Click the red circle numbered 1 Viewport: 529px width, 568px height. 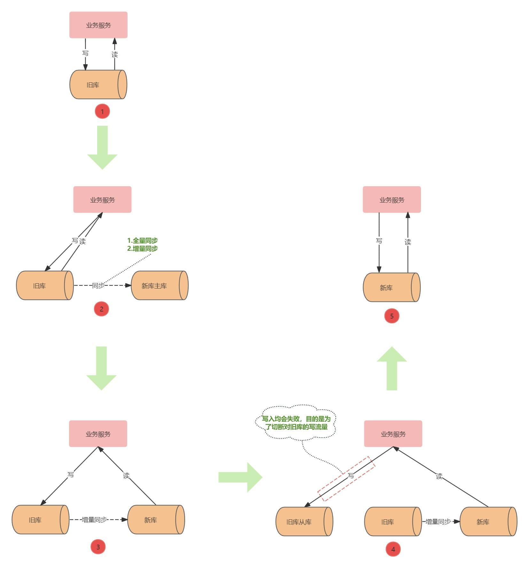pos(102,111)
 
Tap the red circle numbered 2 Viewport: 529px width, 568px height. pos(101,309)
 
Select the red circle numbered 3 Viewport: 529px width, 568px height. pos(98,547)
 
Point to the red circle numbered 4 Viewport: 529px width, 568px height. pos(393,549)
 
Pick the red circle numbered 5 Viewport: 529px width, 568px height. pos(392,316)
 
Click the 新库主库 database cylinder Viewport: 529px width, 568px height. pos(159,286)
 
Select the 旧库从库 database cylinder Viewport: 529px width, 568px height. pos(304,522)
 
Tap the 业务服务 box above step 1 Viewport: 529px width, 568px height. pos(98,25)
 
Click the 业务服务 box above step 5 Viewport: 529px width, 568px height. pos(392,200)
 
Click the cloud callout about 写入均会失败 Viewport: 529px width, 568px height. pos(296,423)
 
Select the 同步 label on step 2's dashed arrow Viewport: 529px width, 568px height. pos(98,286)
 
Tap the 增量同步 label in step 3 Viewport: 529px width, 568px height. pos(94,520)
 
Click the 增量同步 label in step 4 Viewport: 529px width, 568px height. pos(438,522)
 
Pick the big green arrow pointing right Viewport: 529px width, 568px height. pos(240,477)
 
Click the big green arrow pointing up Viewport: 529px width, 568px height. pos(392,368)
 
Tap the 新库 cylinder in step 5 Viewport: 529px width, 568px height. pos(392,288)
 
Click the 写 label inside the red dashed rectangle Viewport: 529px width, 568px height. pos(351,475)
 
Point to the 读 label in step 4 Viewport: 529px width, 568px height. pos(439,476)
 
